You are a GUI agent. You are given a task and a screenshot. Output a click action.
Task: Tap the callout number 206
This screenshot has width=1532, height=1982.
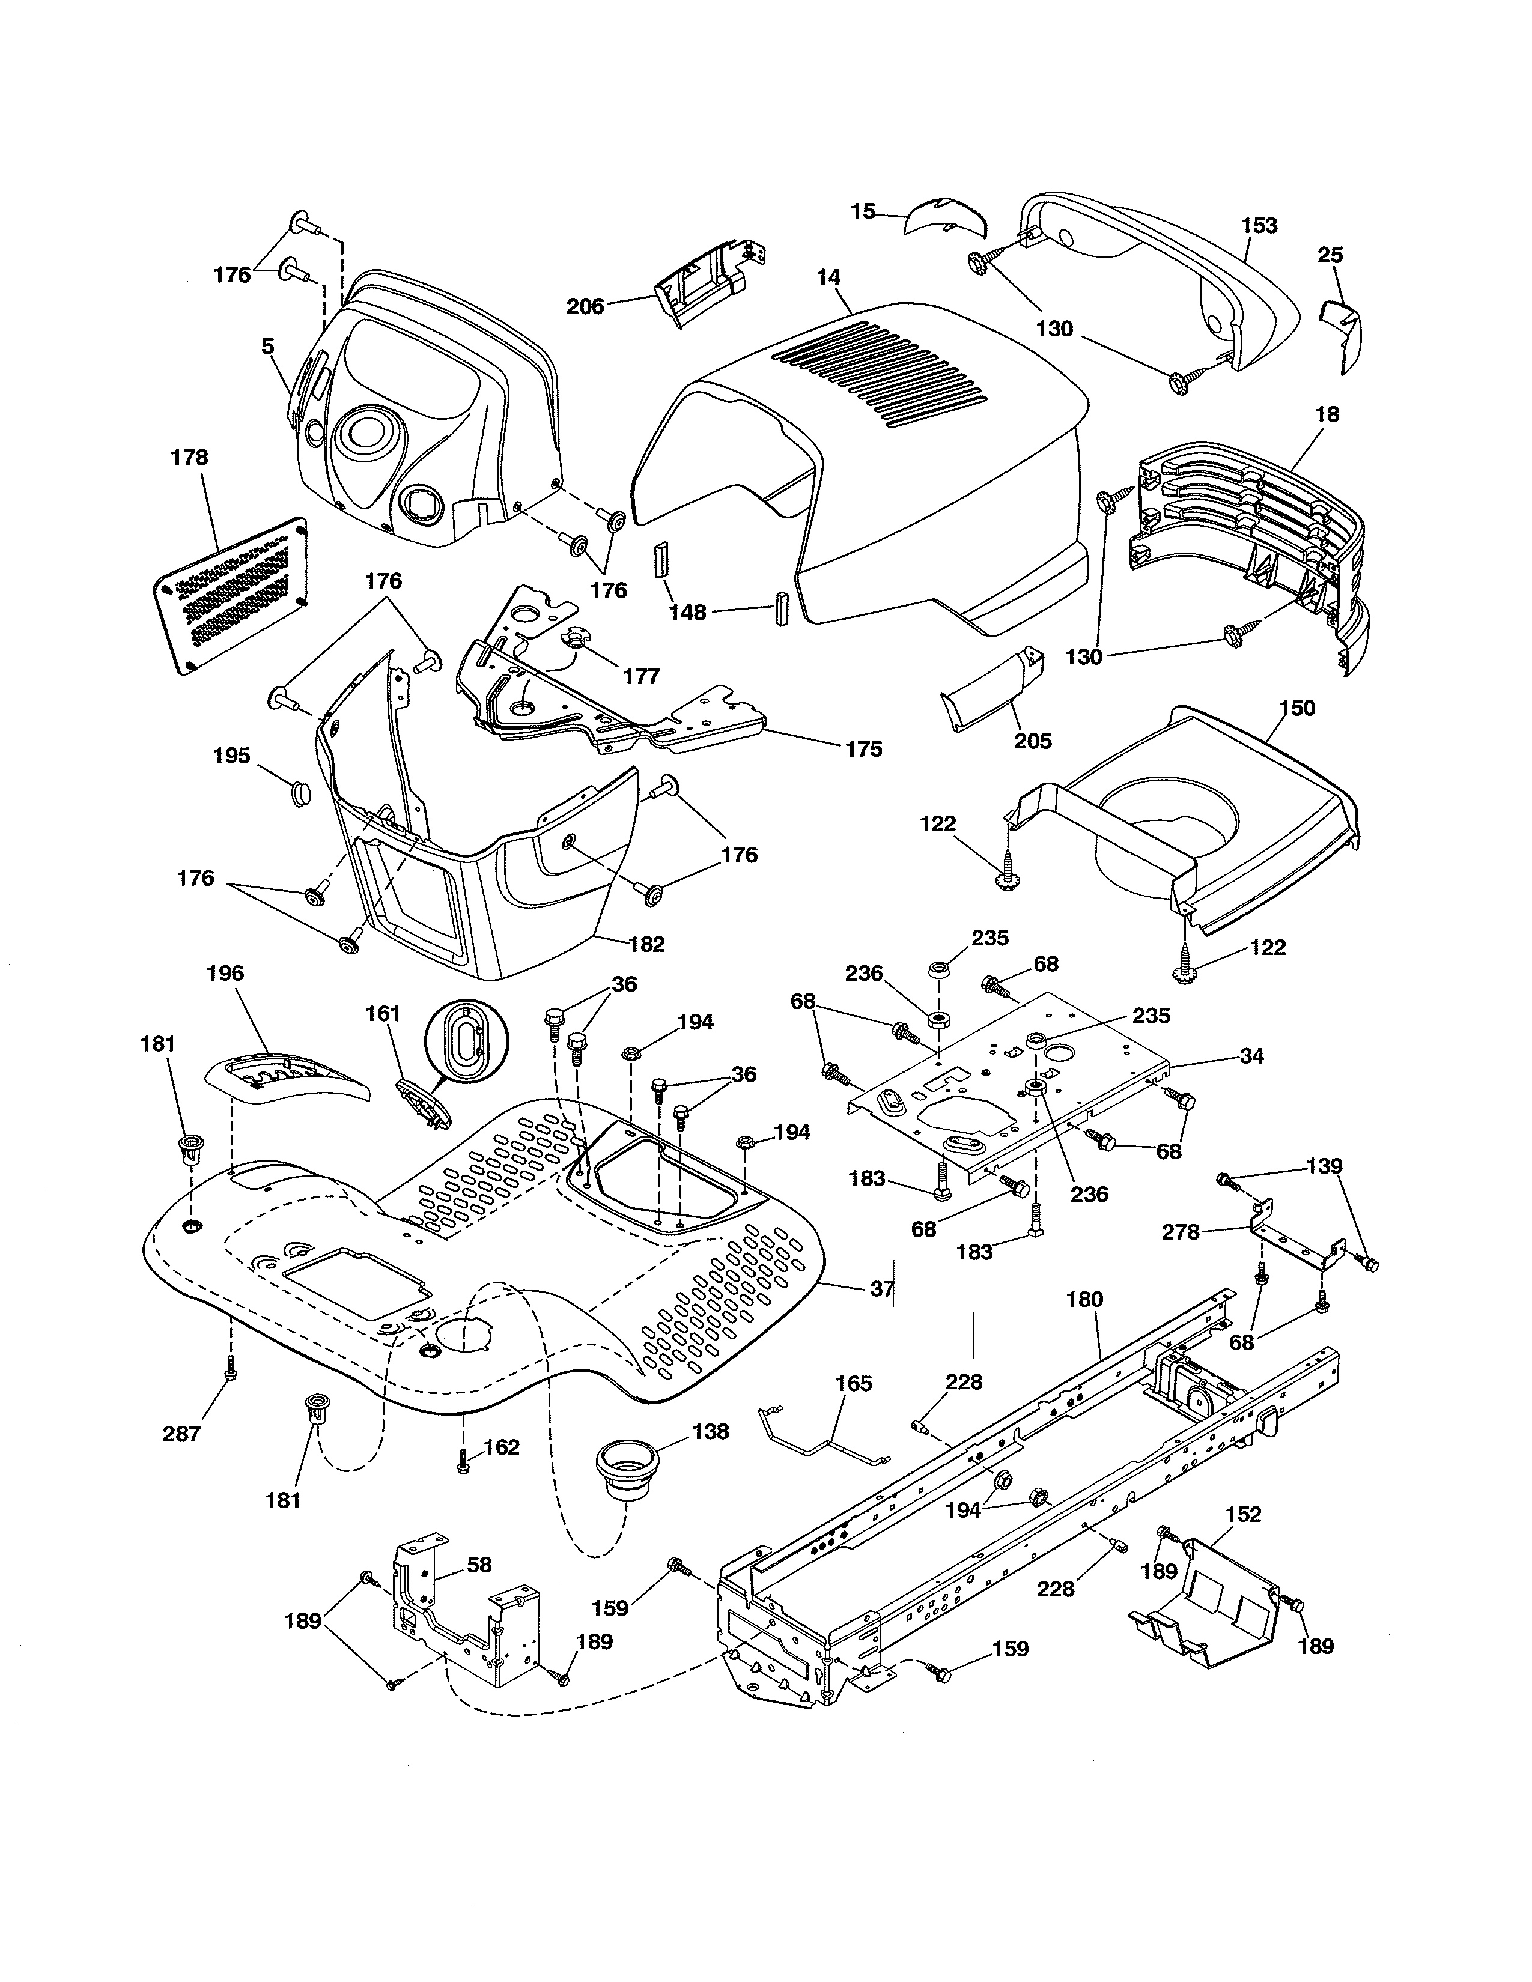pos(585,307)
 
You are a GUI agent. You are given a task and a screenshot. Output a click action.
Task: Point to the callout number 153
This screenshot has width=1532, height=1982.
pos(1259,225)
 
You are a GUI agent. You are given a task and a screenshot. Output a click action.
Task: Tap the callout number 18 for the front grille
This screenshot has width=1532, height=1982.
pos(1327,415)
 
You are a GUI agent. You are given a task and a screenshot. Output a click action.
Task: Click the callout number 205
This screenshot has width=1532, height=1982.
pos(1033,741)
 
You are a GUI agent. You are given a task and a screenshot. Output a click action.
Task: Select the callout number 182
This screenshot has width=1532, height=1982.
pos(646,944)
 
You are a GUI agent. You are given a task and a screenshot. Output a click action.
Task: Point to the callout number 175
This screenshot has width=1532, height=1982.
pos(863,749)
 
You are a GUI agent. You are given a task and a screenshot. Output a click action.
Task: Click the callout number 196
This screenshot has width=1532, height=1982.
pos(225,974)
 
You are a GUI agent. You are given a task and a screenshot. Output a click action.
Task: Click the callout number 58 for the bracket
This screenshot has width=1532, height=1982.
pos(479,1565)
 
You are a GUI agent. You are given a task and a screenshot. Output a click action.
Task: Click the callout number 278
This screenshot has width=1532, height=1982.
pos(1181,1232)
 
